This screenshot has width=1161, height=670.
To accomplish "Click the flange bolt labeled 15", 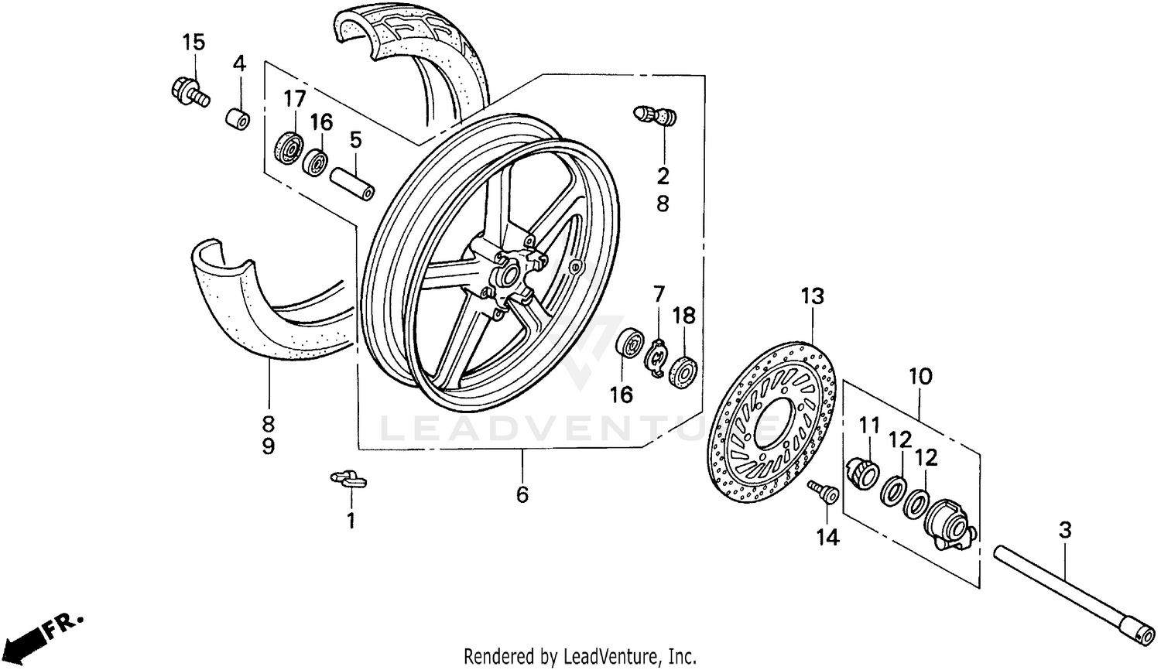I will point(188,93).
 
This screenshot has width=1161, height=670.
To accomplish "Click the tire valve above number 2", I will point(655,117).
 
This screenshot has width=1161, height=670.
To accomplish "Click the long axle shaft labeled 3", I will point(1069,591).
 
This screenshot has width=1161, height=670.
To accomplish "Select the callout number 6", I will point(522,494).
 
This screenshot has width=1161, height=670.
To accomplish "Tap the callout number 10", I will point(920,377).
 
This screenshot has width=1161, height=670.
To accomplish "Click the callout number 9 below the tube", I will point(268,447).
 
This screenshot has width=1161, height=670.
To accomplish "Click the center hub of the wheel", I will point(507,275).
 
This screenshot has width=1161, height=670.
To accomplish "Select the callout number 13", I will point(813,296).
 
